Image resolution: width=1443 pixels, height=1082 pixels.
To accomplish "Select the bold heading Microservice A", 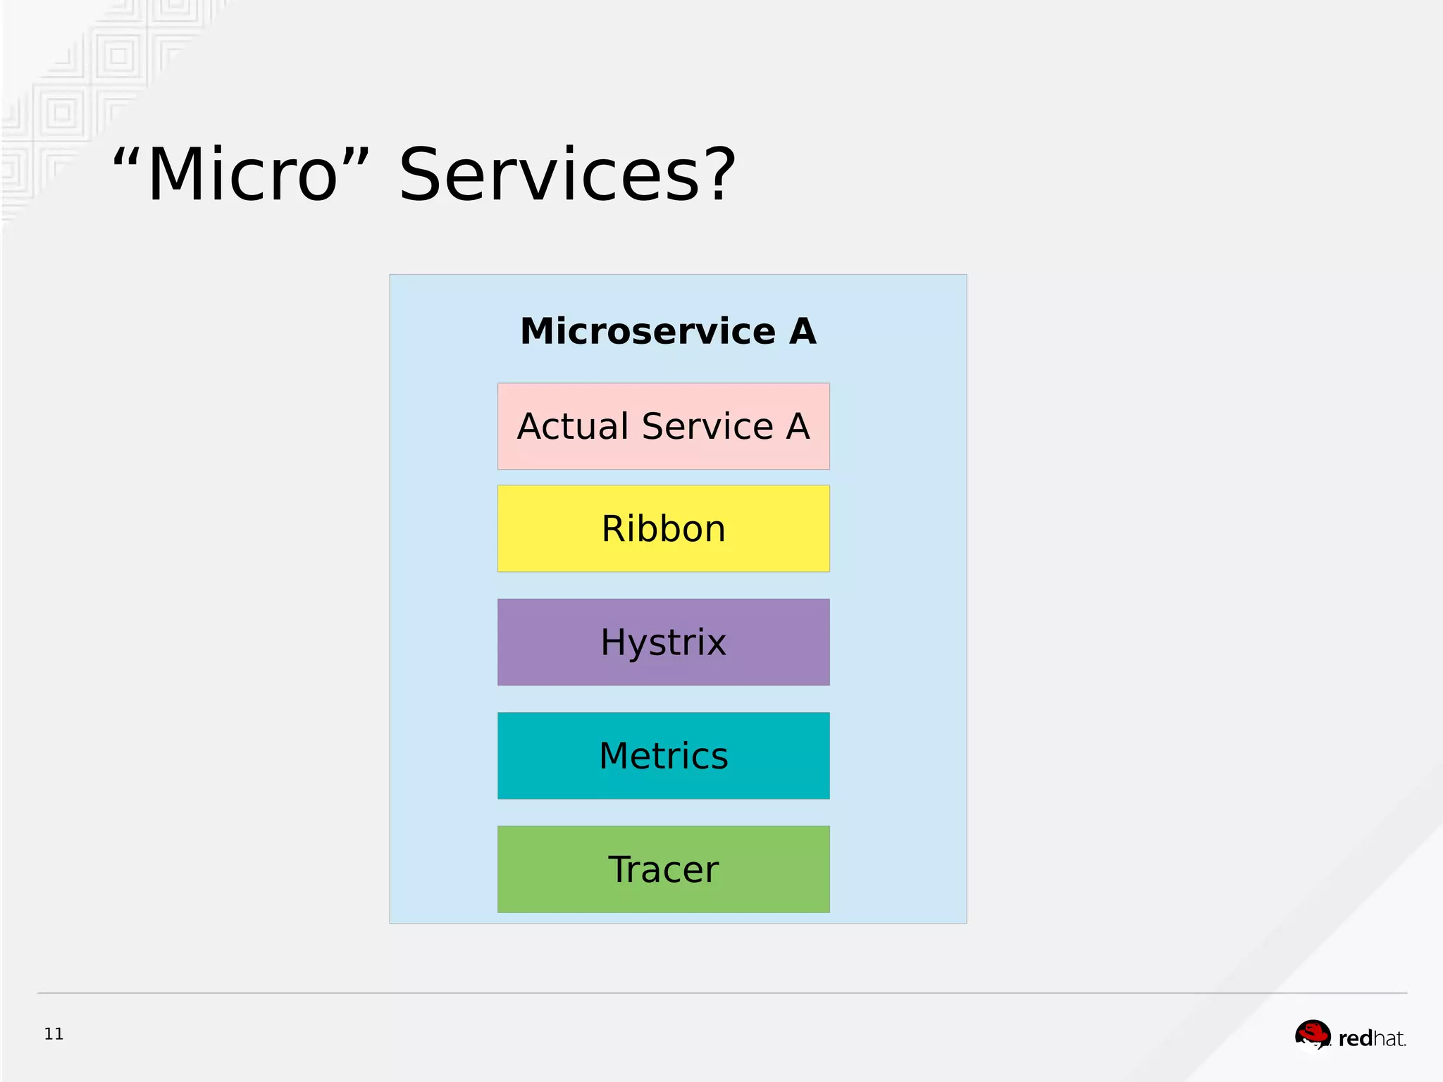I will [x=667, y=331].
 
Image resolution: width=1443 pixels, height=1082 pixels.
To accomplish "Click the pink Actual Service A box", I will [x=663, y=426].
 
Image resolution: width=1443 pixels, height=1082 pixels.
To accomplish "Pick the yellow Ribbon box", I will [x=663, y=528].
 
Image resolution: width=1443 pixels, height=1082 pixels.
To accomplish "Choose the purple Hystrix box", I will [x=663, y=642].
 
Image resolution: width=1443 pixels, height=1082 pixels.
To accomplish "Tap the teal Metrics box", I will [x=663, y=755].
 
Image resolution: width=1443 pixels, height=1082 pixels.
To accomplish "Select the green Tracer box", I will [x=663, y=869].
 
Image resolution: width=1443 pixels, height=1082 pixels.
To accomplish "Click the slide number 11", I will [x=54, y=1033].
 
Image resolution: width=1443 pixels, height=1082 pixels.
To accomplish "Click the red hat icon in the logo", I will [x=1312, y=1034].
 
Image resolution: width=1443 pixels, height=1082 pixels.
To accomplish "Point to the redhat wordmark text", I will [x=1371, y=1038].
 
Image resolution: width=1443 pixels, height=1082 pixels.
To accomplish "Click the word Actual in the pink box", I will [x=572, y=426].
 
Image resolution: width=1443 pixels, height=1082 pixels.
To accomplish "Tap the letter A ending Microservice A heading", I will [x=802, y=331].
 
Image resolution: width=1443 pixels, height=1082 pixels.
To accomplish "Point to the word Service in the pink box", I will [x=707, y=426].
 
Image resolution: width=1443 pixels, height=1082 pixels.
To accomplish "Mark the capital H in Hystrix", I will [x=614, y=642].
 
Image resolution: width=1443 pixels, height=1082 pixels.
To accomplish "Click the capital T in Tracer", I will [x=620, y=869].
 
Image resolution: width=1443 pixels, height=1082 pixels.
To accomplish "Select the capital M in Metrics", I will [x=615, y=755].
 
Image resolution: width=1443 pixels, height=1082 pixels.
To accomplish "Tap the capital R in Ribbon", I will [x=614, y=528].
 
